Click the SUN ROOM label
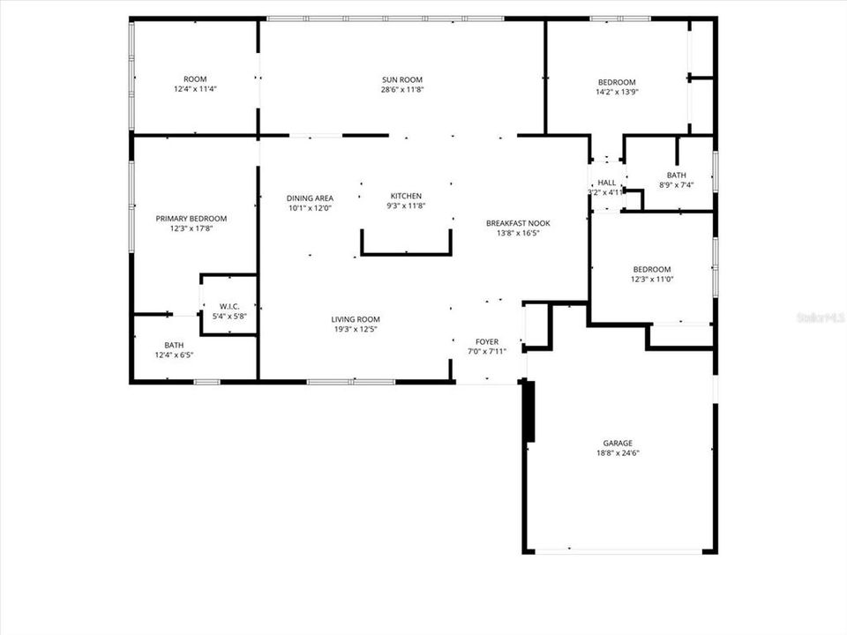(402, 79)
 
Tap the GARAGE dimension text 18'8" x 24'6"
(618, 453)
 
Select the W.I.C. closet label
(229, 306)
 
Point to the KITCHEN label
(407, 196)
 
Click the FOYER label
(487, 341)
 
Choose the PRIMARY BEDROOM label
(191, 219)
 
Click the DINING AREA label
(309, 198)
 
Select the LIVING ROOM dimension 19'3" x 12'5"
(356, 329)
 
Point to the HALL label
(606, 183)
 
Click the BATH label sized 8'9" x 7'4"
(677, 176)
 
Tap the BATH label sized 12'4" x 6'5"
(174, 345)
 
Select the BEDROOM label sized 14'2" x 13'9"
(617, 82)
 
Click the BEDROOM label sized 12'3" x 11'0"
(651, 269)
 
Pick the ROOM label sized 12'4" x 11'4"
(195, 79)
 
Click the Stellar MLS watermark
(820, 315)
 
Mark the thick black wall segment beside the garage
(529, 411)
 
